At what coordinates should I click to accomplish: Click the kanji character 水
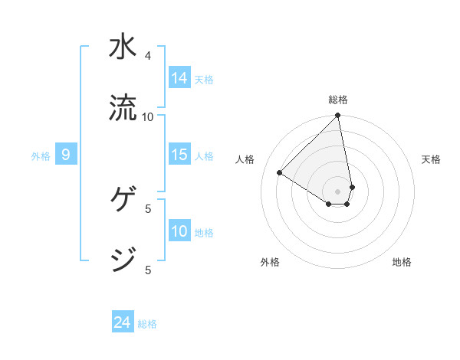pyautogui.click(x=123, y=47)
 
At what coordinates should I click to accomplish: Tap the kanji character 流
pyautogui.click(x=123, y=108)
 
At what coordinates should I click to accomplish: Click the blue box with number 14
pyautogui.click(x=179, y=78)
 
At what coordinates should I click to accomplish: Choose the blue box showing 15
pyautogui.click(x=179, y=155)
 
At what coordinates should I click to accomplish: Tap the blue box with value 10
pyautogui.click(x=179, y=231)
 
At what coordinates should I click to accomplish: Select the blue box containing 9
pyautogui.click(x=66, y=155)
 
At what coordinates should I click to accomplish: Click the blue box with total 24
pyautogui.click(x=123, y=323)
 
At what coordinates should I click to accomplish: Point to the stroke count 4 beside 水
pyautogui.click(x=148, y=56)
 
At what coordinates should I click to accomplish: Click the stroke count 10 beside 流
pyautogui.click(x=148, y=116)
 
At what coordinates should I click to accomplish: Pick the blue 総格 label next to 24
pyautogui.click(x=147, y=324)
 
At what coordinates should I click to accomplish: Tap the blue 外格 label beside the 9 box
pyautogui.click(x=41, y=156)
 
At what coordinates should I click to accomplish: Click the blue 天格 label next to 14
pyautogui.click(x=204, y=79)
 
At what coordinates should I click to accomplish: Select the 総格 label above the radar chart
pyautogui.click(x=338, y=100)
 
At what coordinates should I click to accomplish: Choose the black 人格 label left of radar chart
pyautogui.click(x=245, y=159)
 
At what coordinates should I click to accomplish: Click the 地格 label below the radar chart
pyautogui.click(x=402, y=262)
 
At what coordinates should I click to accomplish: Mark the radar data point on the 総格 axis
pyautogui.click(x=338, y=116)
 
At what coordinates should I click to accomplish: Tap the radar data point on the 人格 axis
pyautogui.click(x=280, y=173)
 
